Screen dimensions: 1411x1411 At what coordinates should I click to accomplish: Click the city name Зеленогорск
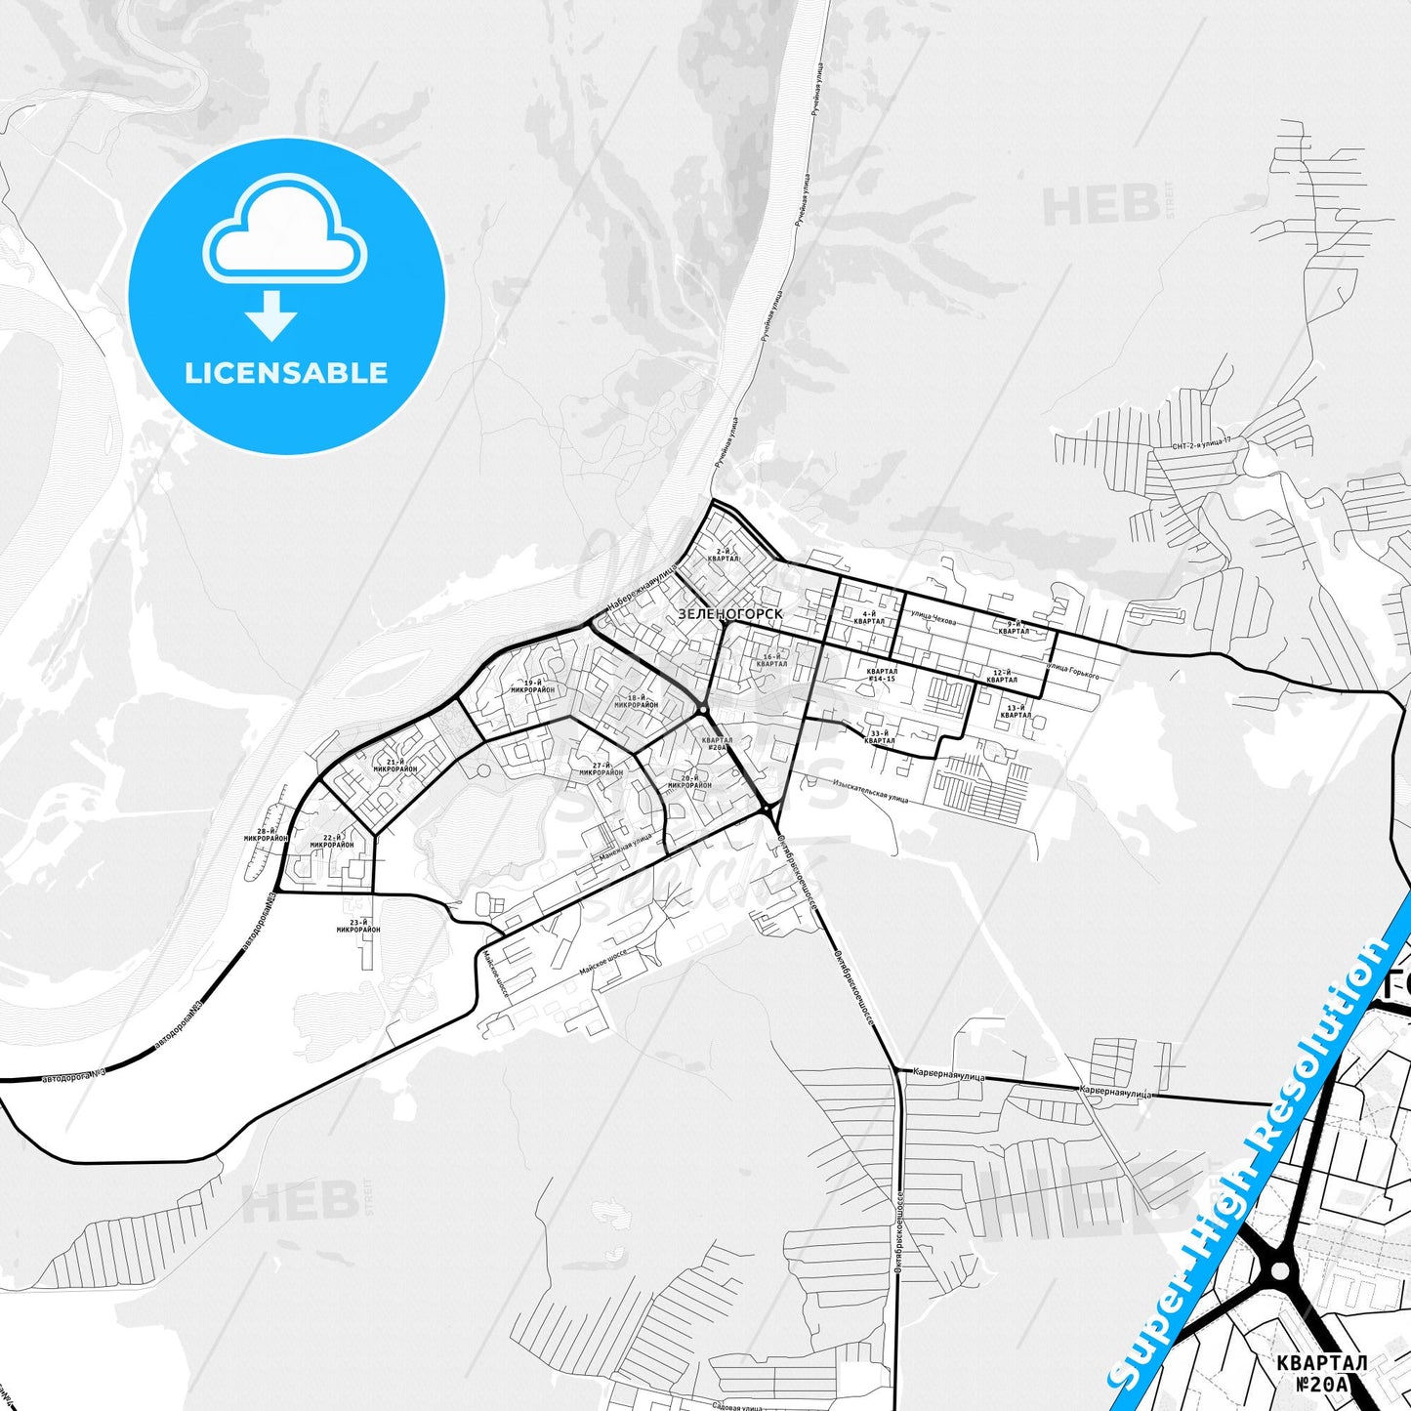[x=729, y=613]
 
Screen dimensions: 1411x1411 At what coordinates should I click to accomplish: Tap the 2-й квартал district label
[x=725, y=555]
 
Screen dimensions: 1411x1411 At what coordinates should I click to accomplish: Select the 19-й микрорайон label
[x=532, y=686]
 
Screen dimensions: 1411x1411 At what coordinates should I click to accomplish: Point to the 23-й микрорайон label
[x=358, y=926]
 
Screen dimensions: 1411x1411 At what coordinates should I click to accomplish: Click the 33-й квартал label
[x=880, y=737]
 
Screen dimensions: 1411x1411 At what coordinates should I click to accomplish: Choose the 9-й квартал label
[x=1014, y=628]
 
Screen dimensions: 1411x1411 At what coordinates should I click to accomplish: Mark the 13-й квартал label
[x=1016, y=711]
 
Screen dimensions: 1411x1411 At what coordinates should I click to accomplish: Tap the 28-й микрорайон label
[x=266, y=835]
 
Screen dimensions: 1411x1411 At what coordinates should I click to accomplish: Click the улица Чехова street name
[x=934, y=618]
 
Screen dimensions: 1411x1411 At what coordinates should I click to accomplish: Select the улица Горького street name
[x=1072, y=671]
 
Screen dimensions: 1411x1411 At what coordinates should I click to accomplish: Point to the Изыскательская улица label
[x=871, y=792]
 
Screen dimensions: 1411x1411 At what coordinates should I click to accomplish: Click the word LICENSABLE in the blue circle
[x=286, y=373]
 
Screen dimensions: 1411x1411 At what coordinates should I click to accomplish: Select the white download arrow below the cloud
[x=271, y=314]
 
